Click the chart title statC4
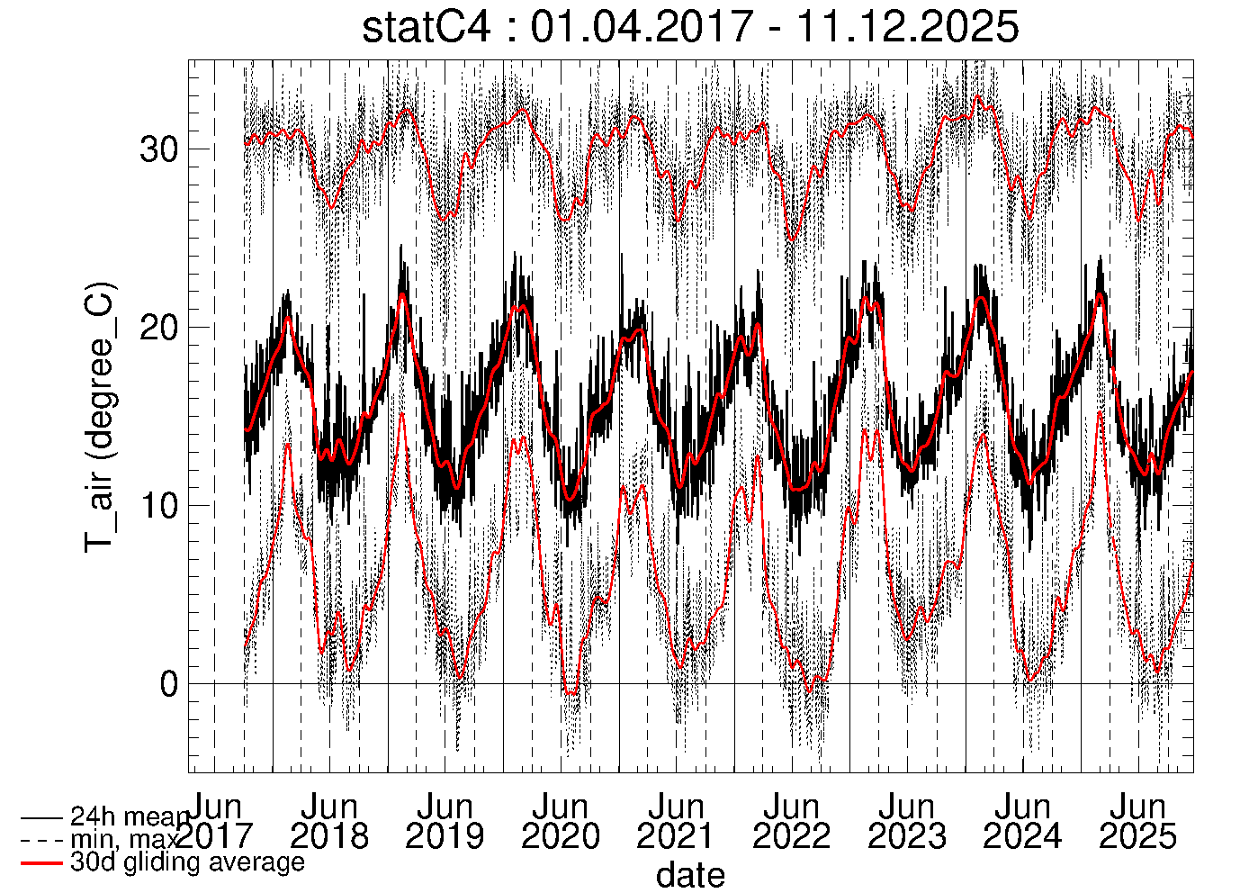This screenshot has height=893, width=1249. click(x=427, y=27)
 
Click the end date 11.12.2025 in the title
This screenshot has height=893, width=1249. click(x=907, y=27)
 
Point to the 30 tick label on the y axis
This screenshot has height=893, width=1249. click(x=158, y=149)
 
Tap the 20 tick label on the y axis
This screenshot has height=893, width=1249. click(x=158, y=328)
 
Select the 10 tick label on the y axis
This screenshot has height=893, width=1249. click(x=158, y=505)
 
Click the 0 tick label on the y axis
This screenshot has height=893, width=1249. click(x=169, y=684)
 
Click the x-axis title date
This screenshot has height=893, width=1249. click(x=690, y=874)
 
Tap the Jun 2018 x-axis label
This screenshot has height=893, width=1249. click(x=329, y=821)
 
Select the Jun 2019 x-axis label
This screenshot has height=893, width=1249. click(x=445, y=821)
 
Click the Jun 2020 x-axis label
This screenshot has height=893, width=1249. click(x=560, y=821)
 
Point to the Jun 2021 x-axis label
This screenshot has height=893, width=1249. click(x=675, y=821)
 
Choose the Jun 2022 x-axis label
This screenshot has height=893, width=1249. click(x=791, y=821)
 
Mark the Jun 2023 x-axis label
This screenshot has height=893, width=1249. click(x=906, y=821)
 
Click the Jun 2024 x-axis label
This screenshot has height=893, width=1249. click(x=1022, y=821)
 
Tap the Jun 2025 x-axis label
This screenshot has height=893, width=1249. click(x=1137, y=821)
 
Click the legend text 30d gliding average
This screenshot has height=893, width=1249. click(x=187, y=862)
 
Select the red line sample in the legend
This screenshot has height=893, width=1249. click(x=41, y=863)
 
